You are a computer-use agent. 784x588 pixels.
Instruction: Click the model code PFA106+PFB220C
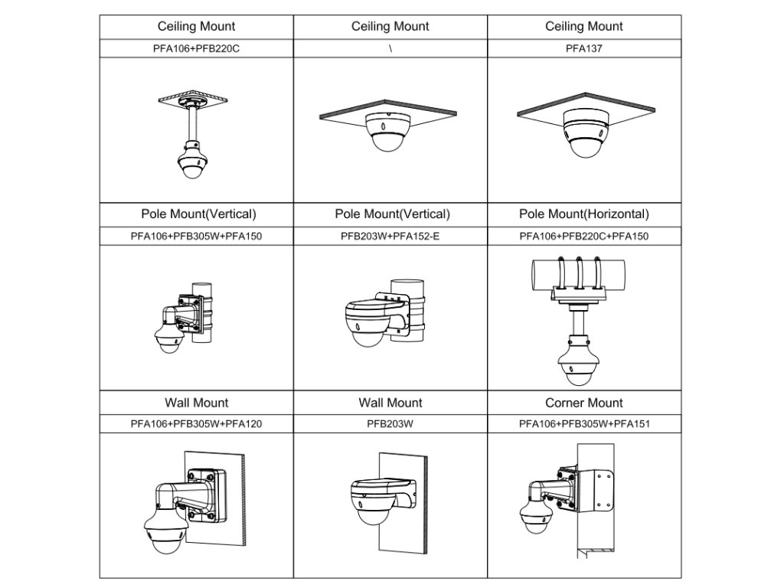point(197,48)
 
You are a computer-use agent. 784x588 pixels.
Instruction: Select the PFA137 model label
point(583,48)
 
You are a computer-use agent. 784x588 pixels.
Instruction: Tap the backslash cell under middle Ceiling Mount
point(390,48)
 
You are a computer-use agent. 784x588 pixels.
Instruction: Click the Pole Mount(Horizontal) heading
point(583,214)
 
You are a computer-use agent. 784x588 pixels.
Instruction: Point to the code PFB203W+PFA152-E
point(390,237)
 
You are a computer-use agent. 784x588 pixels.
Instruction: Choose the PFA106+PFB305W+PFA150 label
point(197,237)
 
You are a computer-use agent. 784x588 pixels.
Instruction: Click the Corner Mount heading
point(583,403)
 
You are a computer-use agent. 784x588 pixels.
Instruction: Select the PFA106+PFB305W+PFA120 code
point(197,423)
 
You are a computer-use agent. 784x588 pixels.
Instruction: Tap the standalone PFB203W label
point(390,423)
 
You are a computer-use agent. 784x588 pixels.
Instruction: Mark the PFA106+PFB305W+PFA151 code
point(583,423)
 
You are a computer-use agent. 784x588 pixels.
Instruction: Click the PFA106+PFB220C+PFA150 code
point(583,237)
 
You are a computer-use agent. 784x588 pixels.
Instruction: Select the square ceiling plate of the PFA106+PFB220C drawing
point(194,100)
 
